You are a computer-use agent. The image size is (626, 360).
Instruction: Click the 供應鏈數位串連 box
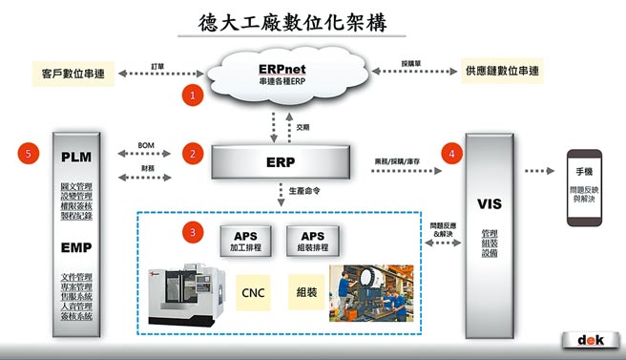[501, 72]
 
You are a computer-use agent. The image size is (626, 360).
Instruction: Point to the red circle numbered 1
[194, 95]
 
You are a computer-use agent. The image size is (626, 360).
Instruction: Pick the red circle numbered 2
[194, 153]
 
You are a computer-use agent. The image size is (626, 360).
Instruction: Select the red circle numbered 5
[31, 153]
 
